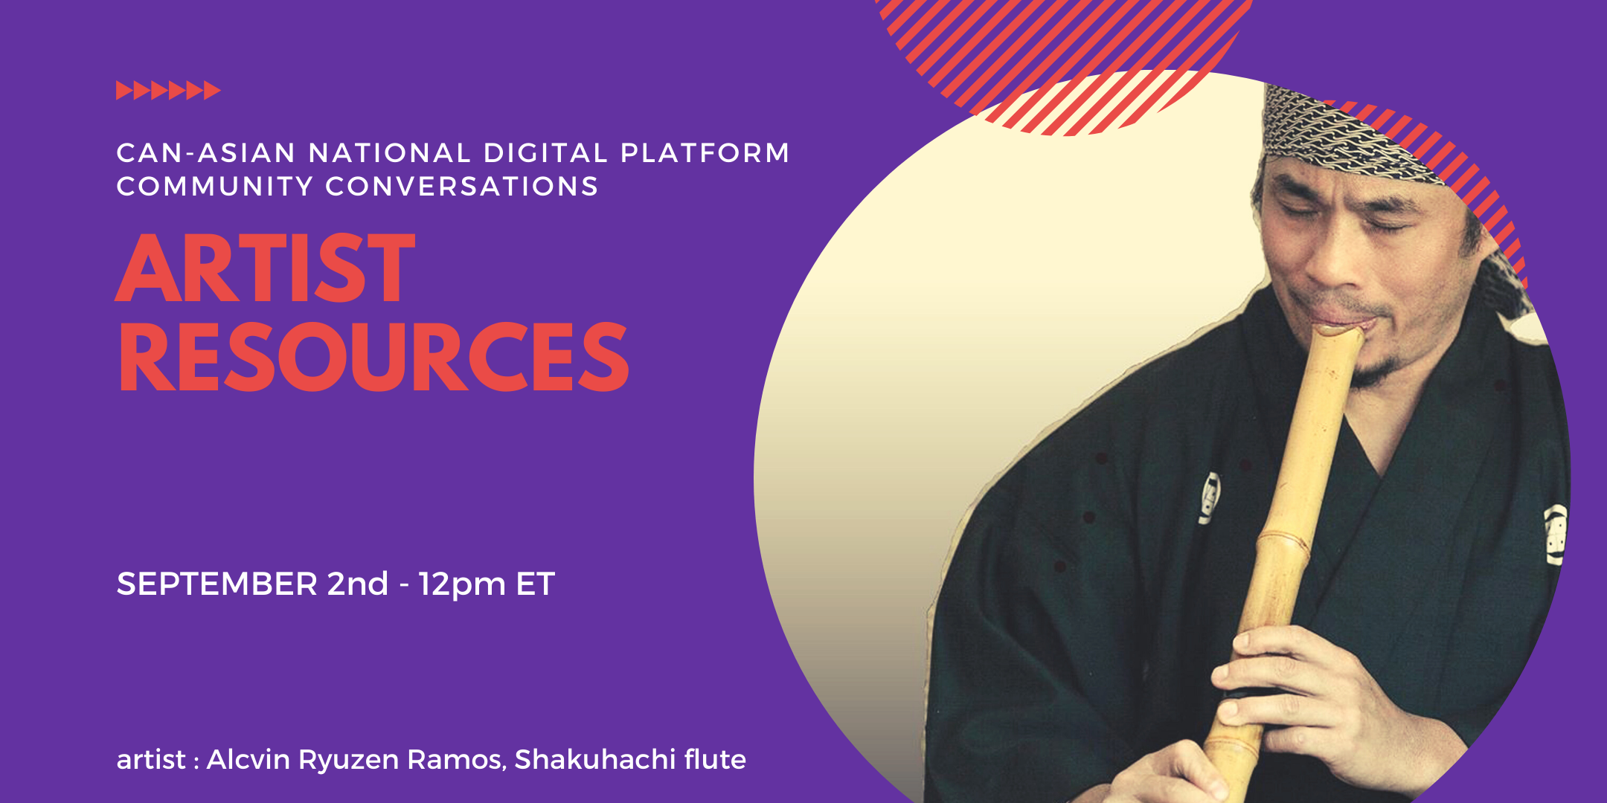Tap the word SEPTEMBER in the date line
point(217,584)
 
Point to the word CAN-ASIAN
point(207,153)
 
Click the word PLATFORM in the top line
point(705,153)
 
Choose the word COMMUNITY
point(215,186)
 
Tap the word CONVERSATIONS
point(462,186)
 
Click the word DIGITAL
point(546,153)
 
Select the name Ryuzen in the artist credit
point(348,761)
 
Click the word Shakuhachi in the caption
point(594,759)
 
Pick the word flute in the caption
point(715,759)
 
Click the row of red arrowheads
point(168,90)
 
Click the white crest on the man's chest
point(1210,498)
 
